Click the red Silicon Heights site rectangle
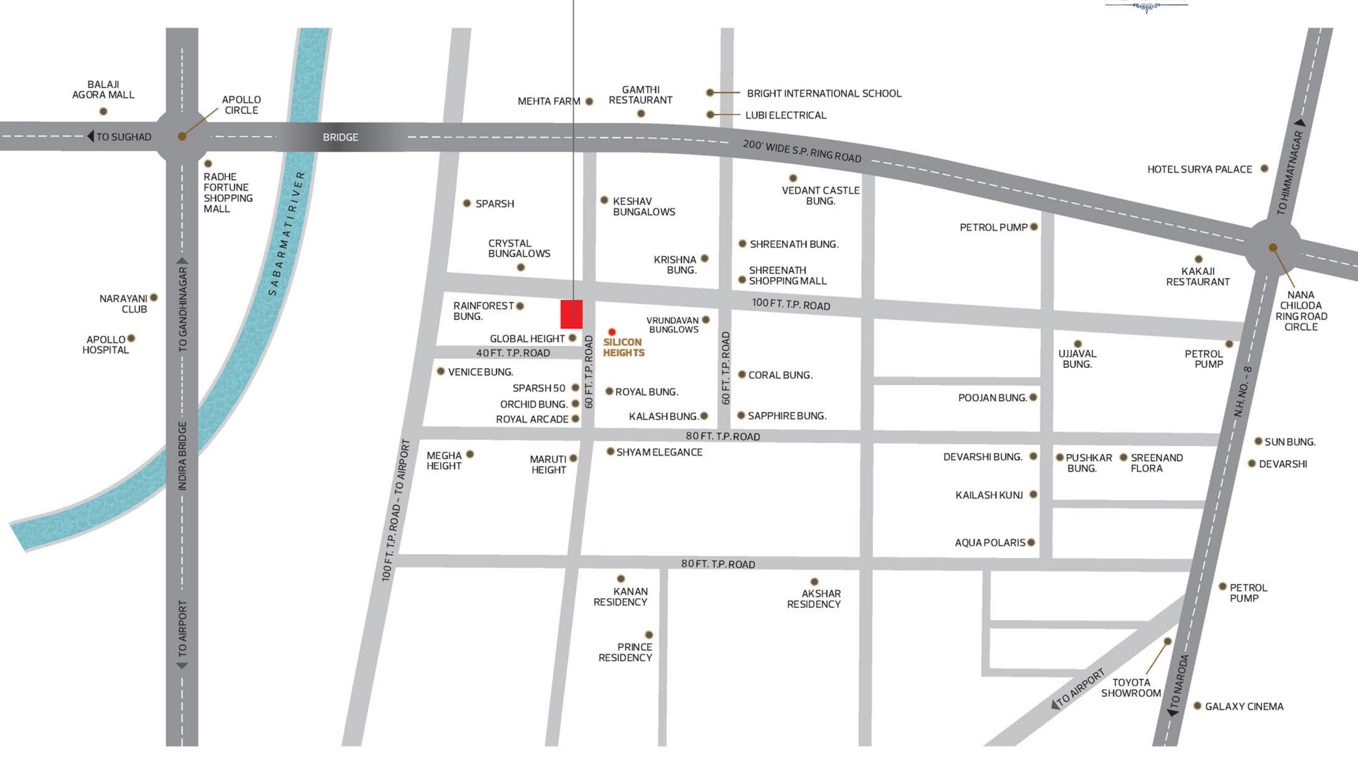click(x=571, y=314)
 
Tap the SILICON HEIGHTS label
click(x=624, y=347)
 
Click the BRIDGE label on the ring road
click(x=340, y=137)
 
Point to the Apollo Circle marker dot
click(x=182, y=136)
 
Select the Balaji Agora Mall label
click(x=103, y=89)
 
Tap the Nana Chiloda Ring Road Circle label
click(x=1301, y=310)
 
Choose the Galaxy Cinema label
click(x=1244, y=706)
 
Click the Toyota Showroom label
click(x=1131, y=688)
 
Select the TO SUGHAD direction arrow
click(x=91, y=137)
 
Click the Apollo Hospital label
click(x=105, y=344)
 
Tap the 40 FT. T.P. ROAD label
click(x=513, y=353)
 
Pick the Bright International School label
click(x=824, y=93)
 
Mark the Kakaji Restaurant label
click(x=1198, y=276)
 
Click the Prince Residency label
click(x=625, y=652)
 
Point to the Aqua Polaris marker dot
click(x=1031, y=542)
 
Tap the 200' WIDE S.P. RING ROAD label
click(x=802, y=151)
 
